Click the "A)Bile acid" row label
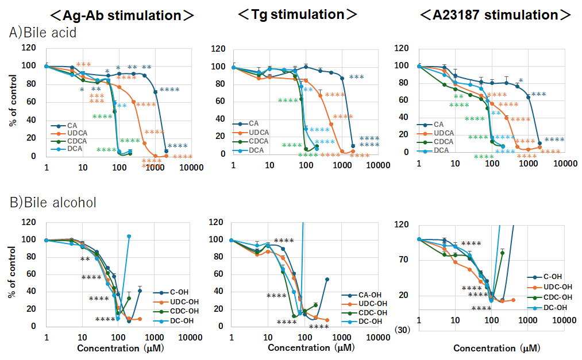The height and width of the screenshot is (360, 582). (43, 32)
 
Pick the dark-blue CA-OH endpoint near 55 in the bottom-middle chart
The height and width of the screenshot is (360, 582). (326, 279)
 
